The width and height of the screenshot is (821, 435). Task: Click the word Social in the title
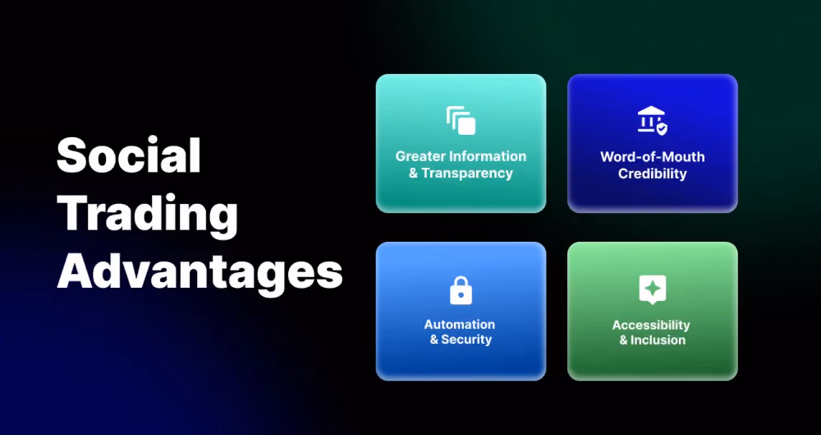pos(129,155)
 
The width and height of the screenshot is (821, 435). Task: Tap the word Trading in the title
pos(147,215)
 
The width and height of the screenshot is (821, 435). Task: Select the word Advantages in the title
pos(200,272)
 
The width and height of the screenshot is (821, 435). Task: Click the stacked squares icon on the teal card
pos(461,121)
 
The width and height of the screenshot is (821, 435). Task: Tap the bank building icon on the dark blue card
pos(653,121)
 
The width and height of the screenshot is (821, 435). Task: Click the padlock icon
pos(461,290)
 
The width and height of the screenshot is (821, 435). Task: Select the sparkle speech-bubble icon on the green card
pos(653,289)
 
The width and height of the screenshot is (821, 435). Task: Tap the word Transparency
pos(467,174)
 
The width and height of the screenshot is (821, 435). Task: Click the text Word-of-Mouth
pos(653,156)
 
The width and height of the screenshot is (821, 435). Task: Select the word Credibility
pos(653,174)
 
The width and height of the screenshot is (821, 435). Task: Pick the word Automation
pos(459,324)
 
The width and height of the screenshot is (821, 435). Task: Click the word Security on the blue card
pos(466,340)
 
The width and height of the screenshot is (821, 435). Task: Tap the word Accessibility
pos(651,325)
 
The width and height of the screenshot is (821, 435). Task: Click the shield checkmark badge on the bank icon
pos(662,128)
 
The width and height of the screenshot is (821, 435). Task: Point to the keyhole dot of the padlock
pos(461,295)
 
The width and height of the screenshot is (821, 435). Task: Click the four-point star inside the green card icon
pos(653,288)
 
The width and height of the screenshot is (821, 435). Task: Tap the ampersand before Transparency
pos(414,174)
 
